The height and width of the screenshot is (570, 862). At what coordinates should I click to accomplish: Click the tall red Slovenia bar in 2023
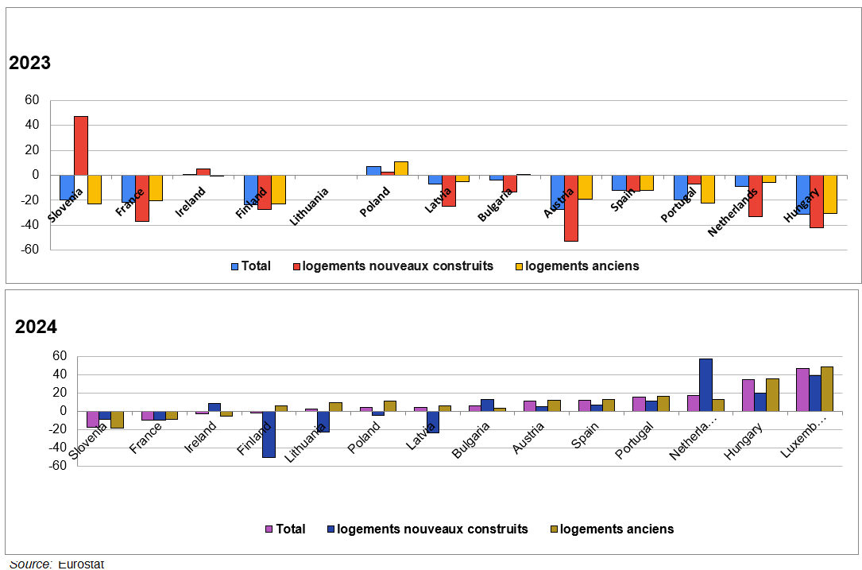80,145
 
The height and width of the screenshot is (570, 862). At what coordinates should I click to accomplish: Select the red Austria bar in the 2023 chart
570,207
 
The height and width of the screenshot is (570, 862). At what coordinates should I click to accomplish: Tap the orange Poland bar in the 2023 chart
400,168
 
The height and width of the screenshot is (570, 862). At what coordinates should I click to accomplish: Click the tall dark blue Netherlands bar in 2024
705,385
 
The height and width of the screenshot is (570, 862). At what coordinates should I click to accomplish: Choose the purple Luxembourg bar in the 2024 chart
802,390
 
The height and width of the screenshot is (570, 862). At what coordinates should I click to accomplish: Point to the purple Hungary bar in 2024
748,395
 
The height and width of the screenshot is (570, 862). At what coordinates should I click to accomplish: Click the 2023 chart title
29,64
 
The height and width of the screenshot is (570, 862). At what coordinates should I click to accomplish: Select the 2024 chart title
36,327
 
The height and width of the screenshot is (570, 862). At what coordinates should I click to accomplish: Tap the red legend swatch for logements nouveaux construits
297,266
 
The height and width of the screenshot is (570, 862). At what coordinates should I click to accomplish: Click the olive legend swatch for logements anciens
555,529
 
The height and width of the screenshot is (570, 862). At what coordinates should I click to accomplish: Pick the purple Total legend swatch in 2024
269,529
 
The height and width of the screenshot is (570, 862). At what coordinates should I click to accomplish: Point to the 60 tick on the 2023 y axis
32,100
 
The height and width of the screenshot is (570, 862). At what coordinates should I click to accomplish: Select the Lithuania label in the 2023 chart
309,206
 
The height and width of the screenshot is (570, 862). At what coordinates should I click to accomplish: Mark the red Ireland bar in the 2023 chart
203,172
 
